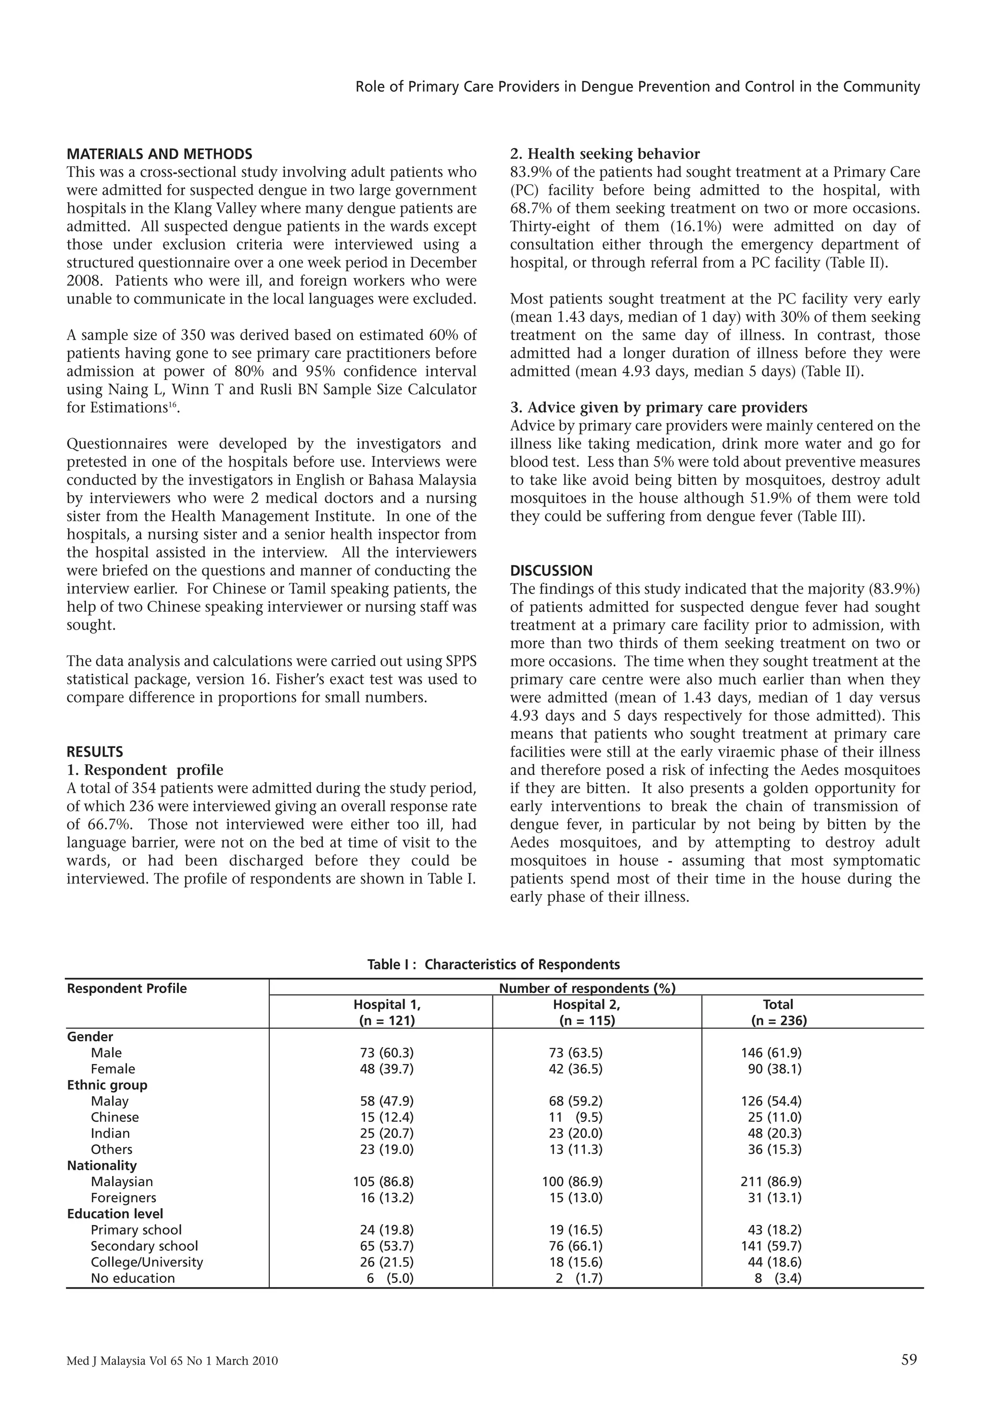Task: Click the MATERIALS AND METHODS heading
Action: (159, 153)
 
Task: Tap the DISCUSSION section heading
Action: (551, 570)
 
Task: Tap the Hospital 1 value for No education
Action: (390, 1278)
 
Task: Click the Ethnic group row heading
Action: (107, 1085)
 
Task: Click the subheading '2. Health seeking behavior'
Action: (605, 153)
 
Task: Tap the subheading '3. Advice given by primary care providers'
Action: (658, 407)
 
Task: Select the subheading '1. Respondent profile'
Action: (145, 770)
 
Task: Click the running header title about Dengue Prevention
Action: (638, 87)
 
